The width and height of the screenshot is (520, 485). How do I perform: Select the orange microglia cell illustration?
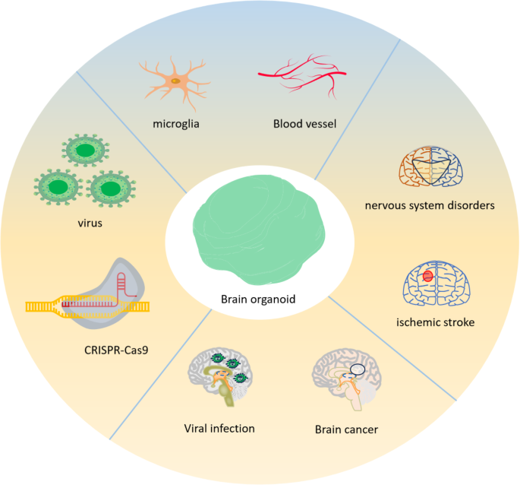[176, 80]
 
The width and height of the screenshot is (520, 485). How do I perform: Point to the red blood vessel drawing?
[301, 74]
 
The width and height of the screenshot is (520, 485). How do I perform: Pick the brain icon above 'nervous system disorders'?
[431, 168]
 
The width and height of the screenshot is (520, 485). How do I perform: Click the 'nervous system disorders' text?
[430, 204]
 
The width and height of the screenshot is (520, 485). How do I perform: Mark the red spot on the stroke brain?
[427, 276]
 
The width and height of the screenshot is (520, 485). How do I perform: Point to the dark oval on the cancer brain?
[358, 370]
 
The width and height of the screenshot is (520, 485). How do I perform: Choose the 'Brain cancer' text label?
[346, 430]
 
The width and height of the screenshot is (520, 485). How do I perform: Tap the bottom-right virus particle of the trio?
[110, 188]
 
